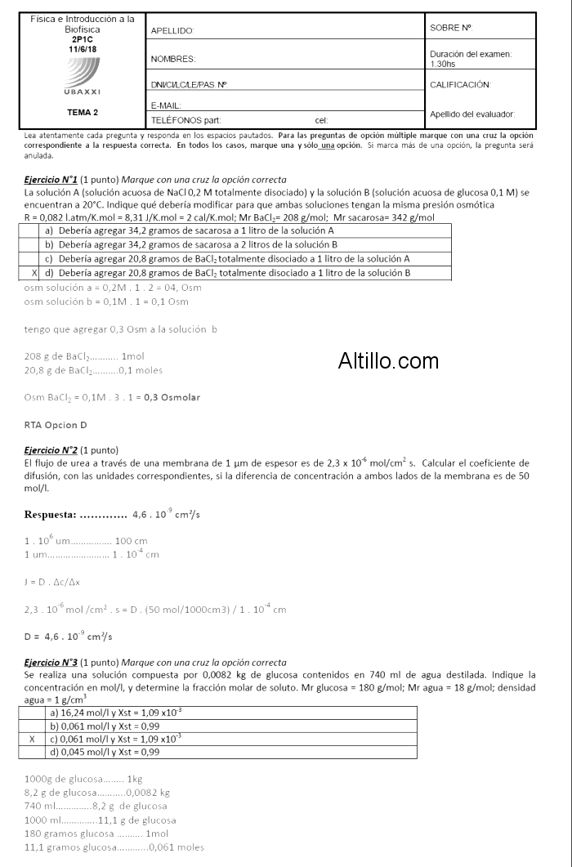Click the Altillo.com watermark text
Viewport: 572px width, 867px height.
(388, 360)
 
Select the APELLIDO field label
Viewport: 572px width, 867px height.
(172, 31)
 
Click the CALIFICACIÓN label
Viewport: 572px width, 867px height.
(459, 85)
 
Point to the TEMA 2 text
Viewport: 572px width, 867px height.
(83, 112)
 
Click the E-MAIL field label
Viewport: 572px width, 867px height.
(166, 105)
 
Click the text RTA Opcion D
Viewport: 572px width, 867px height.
(56, 425)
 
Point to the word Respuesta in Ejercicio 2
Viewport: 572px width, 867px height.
(51, 515)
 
